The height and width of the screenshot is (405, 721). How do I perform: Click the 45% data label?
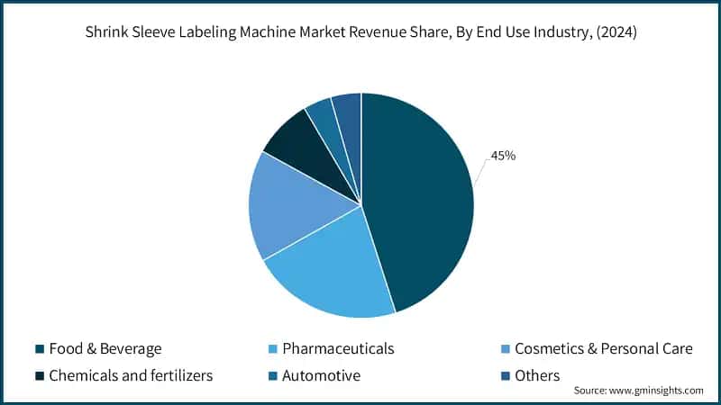[x=503, y=156]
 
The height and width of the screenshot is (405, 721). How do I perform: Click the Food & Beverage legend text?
[x=105, y=348]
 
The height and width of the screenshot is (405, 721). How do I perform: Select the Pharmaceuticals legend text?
[x=338, y=348]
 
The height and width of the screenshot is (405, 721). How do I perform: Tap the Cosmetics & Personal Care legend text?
[x=603, y=348]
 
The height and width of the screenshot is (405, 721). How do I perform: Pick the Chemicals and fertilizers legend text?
[x=130, y=375]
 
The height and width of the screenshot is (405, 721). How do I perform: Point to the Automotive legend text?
[x=322, y=375]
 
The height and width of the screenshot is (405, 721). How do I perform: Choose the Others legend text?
[x=537, y=375]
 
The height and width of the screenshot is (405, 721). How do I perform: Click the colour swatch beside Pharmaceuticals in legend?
[x=271, y=348]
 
